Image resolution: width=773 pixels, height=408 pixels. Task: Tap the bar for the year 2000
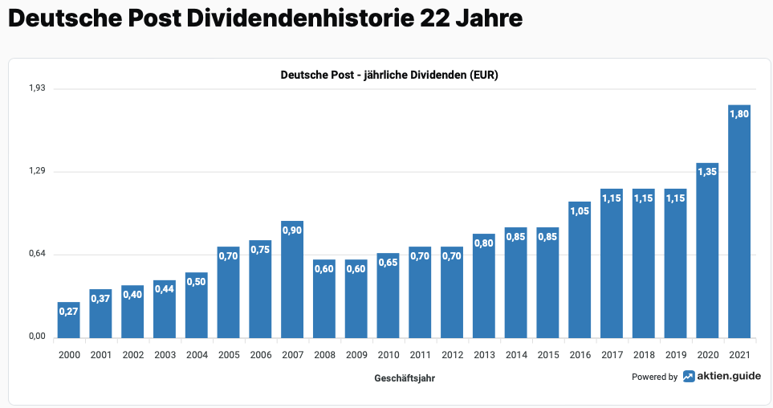(69, 321)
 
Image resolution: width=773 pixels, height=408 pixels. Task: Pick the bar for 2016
(580, 273)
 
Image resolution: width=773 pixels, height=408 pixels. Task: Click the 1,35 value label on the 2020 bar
(707, 172)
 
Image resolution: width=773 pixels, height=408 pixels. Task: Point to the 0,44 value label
(165, 289)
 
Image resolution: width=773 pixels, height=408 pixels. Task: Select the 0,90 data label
(292, 230)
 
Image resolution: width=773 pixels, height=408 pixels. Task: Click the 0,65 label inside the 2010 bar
(389, 262)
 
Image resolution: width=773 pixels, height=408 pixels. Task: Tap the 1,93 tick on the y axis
(37, 88)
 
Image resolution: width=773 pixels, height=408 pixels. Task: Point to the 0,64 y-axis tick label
(37, 255)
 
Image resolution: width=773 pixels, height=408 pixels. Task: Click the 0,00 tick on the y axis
(37, 337)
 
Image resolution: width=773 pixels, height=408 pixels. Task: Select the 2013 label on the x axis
(484, 354)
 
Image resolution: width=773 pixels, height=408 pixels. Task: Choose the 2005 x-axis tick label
(229, 354)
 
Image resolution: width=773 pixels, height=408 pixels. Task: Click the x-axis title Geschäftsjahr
(405, 377)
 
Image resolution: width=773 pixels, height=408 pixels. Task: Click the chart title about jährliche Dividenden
(389, 75)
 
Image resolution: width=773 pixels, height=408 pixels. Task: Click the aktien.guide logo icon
(690, 377)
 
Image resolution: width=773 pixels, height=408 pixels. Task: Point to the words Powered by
(654, 377)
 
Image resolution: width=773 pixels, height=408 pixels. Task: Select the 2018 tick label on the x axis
(644, 354)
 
